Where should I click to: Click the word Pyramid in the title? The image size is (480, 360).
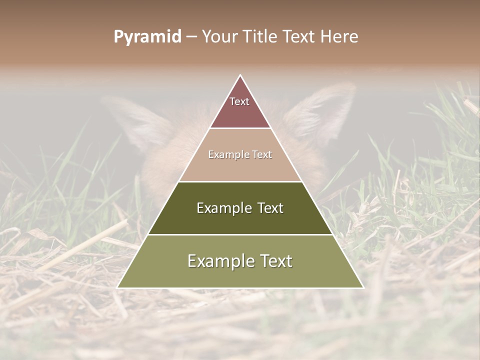pos(147,37)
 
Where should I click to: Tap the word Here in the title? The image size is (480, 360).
pos(339,36)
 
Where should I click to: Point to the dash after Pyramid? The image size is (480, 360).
pos(191,37)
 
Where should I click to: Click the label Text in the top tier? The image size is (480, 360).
pos(239,101)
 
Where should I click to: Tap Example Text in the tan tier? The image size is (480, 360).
pos(240,154)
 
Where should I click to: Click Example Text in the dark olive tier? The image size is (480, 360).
pos(240,208)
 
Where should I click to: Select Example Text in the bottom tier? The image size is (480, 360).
pos(240,261)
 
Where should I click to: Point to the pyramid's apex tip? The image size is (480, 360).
pos(240,75)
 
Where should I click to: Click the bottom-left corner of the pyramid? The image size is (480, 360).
pos(118,287)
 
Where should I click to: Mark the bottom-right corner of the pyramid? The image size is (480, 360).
pos(362,287)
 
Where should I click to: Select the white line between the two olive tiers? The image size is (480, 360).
pos(240,234)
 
